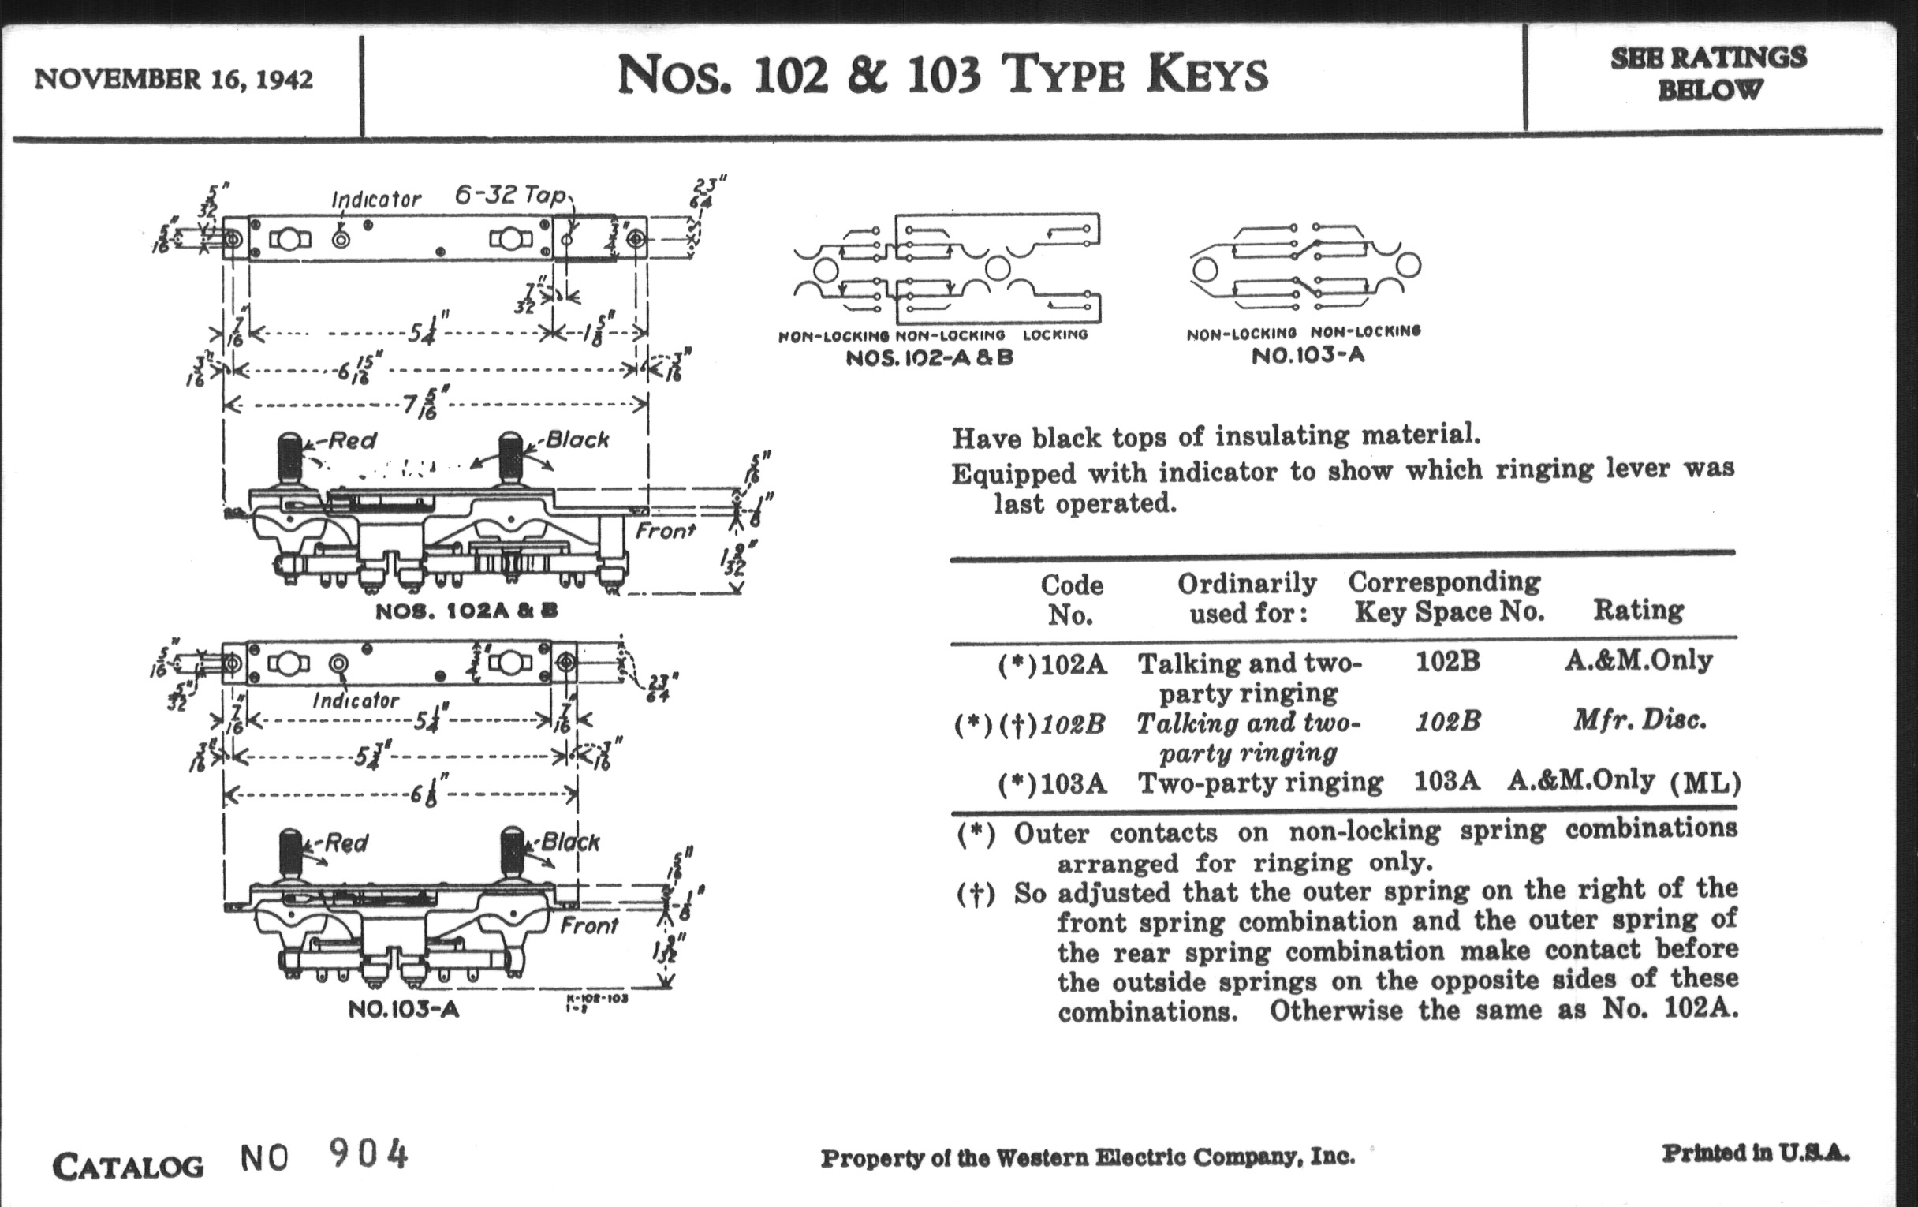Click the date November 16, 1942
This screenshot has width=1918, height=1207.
[174, 80]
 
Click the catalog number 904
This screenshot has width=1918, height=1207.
[368, 1154]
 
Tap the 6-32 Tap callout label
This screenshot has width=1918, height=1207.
[509, 195]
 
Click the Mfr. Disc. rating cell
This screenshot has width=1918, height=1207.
[1640, 720]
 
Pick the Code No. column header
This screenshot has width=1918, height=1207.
[1071, 600]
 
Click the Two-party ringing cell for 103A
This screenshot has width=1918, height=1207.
[1260, 783]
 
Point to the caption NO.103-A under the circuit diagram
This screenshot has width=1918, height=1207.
[1307, 355]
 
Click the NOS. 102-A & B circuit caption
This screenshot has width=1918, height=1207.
[929, 357]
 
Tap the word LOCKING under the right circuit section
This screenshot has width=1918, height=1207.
[1054, 334]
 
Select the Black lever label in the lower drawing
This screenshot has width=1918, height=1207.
[570, 842]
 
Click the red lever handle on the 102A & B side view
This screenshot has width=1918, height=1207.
[290, 458]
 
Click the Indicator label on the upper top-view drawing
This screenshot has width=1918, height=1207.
[376, 199]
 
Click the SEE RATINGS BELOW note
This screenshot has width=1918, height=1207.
[1708, 73]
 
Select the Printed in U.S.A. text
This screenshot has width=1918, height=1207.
[1756, 1153]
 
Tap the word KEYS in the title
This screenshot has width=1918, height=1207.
[1207, 75]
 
